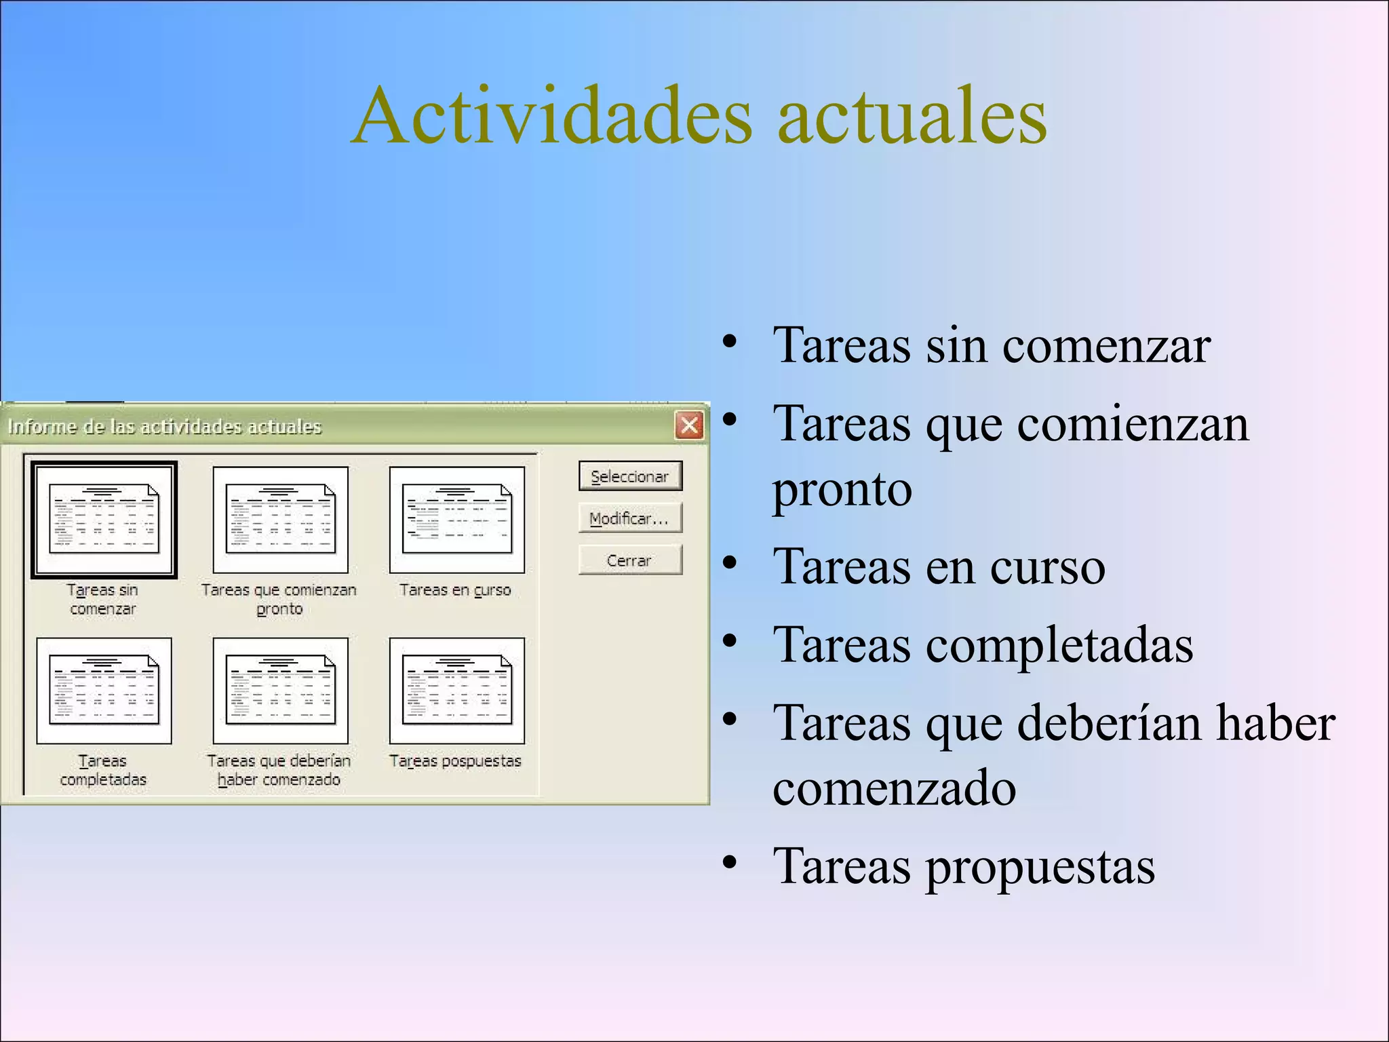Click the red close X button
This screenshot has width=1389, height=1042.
689,426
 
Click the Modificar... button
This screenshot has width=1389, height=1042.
629,519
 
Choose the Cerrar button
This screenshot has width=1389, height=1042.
629,560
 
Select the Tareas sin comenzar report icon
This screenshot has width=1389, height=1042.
104,520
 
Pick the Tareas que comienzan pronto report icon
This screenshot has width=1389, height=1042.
280,520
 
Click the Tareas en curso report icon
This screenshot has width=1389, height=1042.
456,520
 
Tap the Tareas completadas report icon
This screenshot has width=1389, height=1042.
104,691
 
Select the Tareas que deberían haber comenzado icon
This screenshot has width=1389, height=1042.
280,691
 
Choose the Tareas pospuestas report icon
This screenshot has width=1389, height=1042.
456,691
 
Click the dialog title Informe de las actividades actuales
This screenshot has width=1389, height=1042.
164,427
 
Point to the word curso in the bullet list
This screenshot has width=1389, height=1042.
1047,567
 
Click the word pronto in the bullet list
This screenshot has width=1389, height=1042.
842,490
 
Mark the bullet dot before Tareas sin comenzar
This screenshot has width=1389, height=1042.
729,341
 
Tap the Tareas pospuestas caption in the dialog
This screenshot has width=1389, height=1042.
455,761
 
